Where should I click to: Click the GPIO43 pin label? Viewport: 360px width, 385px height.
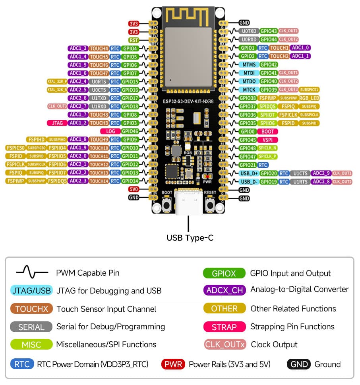pyautogui.click(x=269, y=31)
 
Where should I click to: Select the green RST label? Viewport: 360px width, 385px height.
pyautogui.click(x=134, y=40)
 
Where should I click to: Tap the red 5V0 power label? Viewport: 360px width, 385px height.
pyautogui.click(x=134, y=189)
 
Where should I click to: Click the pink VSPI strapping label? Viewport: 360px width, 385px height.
pyautogui.click(x=267, y=140)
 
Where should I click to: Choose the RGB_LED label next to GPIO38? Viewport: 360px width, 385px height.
pyautogui.click(x=310, y=98)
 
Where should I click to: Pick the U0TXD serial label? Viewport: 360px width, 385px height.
pyautogui.click(x=248, y=31)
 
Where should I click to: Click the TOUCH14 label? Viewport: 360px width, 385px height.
pyautogui.click(x=99, y=181)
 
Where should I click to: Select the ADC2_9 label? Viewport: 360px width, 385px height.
pyautogui.click(x=320, y=173)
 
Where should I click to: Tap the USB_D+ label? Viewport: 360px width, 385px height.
pyautogui.click(x=249, y=173)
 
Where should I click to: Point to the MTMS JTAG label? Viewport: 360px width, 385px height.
pyautogui.click(x=248, y=64)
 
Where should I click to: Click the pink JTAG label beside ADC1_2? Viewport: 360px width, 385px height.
pyautogui.click(x=57, y=123)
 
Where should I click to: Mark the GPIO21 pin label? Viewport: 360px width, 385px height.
pyautogui.click(x=248, y=165)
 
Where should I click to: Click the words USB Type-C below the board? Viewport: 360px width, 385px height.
pyautogui.click(x=190, y=238)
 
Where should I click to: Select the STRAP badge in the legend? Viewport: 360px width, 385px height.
pyautogui.click(x=224, y=327)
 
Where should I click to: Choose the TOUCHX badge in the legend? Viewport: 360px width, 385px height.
pyautogui.click(x=31, y=309)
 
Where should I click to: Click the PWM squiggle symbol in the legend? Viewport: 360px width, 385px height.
pyautogui.click(x=32, y=273)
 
